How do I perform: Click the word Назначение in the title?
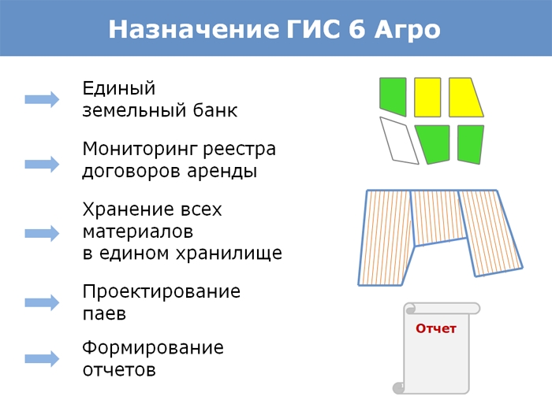click(x=191, y=29)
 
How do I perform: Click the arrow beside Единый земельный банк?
click(x=42, y=99)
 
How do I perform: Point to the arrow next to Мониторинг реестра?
click(x=42, y=164)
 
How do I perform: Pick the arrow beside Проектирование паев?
click(x=42, y=302)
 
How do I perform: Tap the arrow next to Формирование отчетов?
click(x=42, y=358)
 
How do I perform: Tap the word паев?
click(x=104, y=313)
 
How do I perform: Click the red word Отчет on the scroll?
click(x=436, y=328)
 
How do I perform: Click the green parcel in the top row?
click(x=392, y=93)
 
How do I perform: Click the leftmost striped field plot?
click(x=386, y=236)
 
